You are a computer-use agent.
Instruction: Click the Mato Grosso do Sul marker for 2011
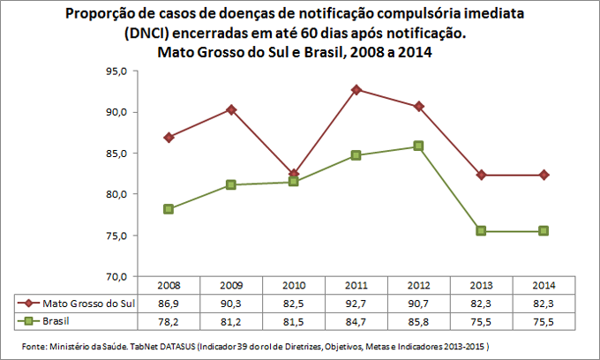tap(356, 89)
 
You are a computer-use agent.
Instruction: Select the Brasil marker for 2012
tap(419, 146)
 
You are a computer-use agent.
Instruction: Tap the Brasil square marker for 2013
tap(482, 230)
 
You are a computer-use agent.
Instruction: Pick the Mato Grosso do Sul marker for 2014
tap(544, 175)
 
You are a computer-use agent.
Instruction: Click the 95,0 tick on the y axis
tap(117, 71)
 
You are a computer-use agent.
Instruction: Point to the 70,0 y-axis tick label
tap(117, 276)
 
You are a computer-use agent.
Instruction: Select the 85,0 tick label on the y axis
tap(117, 154)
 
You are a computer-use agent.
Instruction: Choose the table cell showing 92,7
tap(356, 303)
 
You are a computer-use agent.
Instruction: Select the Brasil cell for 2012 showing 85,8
tap(419, 319)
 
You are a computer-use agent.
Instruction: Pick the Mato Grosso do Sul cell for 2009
tap(230, 303)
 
